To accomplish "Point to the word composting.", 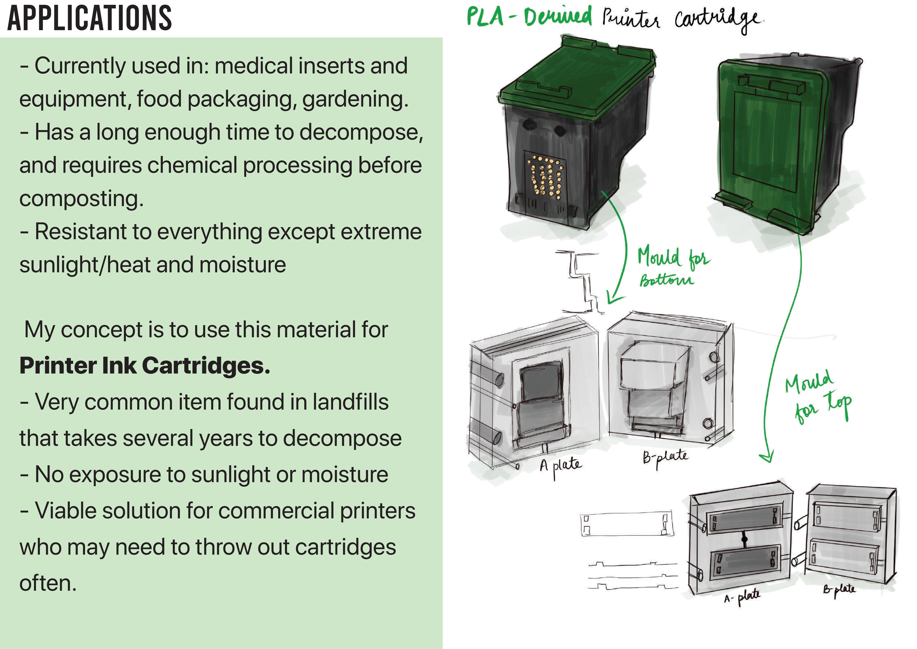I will pos(81,199).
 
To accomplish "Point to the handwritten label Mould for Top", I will pos(817,398).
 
